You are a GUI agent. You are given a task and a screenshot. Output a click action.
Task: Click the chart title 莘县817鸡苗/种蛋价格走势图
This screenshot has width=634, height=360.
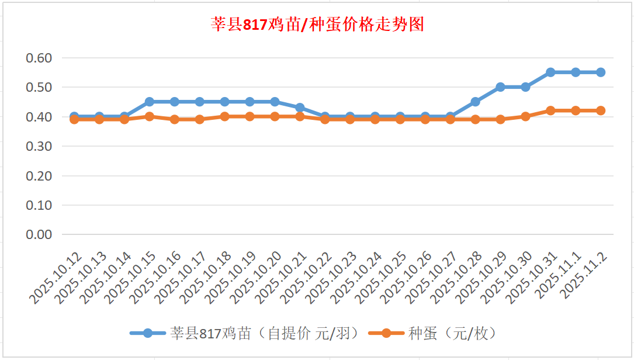[317, 25]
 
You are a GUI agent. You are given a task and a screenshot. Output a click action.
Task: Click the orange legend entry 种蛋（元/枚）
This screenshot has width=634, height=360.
[432, 333]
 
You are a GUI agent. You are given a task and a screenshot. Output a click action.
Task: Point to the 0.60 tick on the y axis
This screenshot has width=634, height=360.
[40, 58]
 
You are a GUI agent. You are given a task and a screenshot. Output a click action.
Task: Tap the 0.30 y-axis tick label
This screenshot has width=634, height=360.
[40, 146]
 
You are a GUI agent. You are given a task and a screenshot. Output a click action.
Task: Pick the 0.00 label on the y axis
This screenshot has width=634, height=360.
[40, 234]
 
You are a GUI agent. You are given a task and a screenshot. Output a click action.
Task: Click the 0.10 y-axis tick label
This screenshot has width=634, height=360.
[40, 205]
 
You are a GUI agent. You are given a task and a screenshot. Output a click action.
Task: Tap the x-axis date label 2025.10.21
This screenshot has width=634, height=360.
[280, 278]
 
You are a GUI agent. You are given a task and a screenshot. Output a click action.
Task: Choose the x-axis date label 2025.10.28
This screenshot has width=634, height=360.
[455, 278]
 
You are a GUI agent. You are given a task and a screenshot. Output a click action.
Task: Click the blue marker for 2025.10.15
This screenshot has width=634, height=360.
[150, 102]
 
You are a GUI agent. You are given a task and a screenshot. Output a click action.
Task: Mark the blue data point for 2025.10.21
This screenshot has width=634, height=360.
[300, 108]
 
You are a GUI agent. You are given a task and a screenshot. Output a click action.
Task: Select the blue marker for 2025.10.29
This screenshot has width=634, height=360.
[500, 87]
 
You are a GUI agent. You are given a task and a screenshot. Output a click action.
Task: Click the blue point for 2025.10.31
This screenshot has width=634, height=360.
[550, 72]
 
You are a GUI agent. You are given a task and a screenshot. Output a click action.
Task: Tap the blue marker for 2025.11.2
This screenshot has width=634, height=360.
[601, 72]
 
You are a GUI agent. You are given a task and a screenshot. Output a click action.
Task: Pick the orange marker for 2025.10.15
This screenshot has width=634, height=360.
[150, 116]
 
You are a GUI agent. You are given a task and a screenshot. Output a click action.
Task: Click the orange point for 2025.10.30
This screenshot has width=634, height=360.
[525, 116]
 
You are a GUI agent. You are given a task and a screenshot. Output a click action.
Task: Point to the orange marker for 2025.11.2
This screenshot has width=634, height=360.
[601, 110]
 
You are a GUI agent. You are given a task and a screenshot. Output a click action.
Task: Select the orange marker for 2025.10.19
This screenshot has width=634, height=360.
[250, 116]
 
